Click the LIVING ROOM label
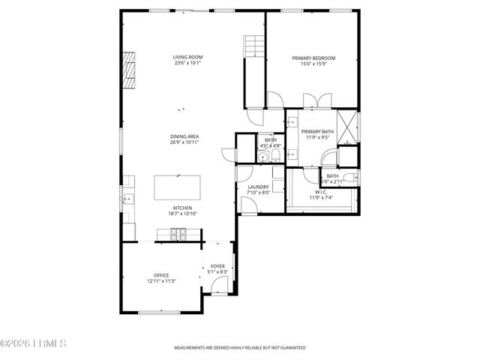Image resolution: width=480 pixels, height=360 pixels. pyautogui.click(x=187, y=57)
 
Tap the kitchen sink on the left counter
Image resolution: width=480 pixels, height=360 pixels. pyautogui.click(x=127, y=199)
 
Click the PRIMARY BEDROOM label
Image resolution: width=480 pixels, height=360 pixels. pyautogui.click(x=313, y=58)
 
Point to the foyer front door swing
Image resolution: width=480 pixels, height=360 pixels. pyautogui.click(x=220, y=285)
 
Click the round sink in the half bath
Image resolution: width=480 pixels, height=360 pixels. pyautogui.click(x=264, y=156)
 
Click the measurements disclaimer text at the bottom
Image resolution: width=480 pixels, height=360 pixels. pyautogui.click(x=239, y=348)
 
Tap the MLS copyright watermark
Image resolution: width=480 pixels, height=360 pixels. pyautogui.click(x=34, y=345)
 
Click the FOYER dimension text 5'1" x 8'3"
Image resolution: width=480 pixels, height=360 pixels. pyautogui.click(x=217, y=271)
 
